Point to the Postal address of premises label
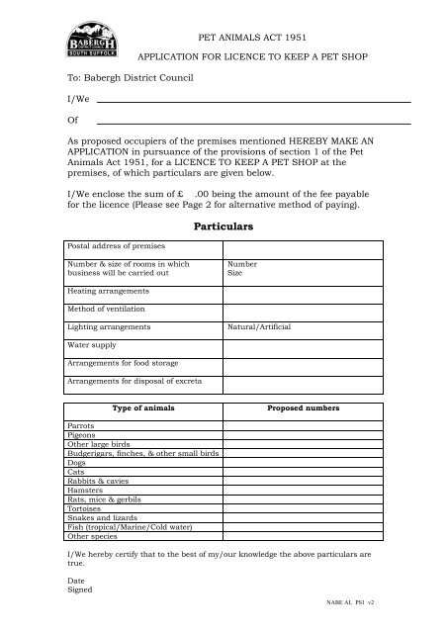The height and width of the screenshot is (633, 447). pyautogui.click(x=112, y=244)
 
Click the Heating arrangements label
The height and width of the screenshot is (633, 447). pyautogui.click(x=108, y=291)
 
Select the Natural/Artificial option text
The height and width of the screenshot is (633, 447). pyautogui.click(x=259, y=325)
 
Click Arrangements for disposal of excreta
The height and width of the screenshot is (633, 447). pyautogui.click(x=128, y=380)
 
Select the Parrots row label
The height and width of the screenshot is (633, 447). pyautogui.click(x=81, y=423)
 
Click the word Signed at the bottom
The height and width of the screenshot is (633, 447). pyautogui.click(x=79, y=588)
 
